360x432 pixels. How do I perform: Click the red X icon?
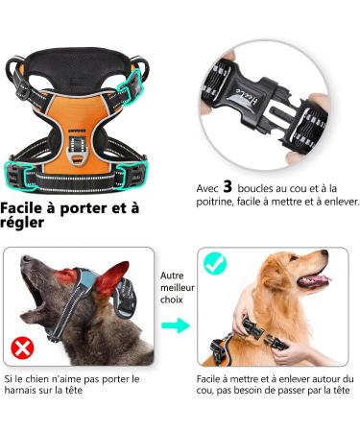(x=20, y=347)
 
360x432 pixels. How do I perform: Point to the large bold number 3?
(x=228, y=187)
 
